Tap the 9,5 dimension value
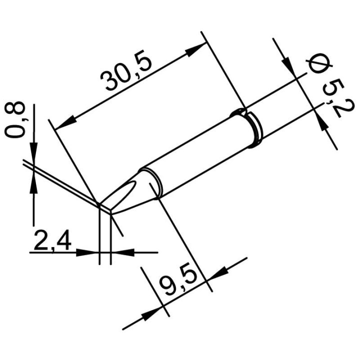coord(178,283)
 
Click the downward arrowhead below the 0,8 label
coord(33,151)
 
